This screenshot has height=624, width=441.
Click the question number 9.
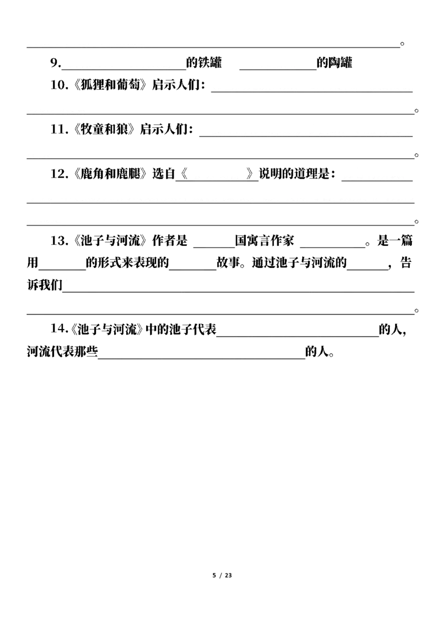coord(56,63)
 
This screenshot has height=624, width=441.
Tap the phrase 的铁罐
coord(204,63)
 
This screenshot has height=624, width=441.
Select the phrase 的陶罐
coord(334,63)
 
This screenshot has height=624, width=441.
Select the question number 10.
coord(58,85)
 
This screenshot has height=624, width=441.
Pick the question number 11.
coord(58,130)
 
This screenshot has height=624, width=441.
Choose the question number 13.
coord(58,241)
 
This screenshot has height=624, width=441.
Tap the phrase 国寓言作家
coord(264,241)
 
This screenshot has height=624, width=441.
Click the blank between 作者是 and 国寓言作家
coord(214,247)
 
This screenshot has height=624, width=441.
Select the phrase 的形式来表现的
coord(127,263)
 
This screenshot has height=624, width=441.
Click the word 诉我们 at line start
coord(45,286)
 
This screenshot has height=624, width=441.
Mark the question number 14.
coord(58,329)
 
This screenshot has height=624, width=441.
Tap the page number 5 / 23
coord(222,575)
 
